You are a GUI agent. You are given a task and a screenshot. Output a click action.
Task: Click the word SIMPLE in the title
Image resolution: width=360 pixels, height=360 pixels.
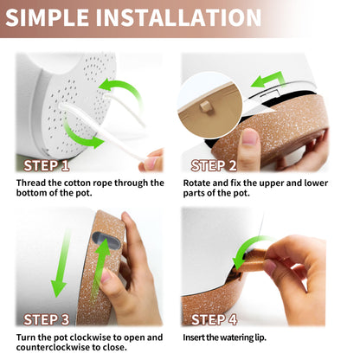pyautogui.click(x=47, y=18)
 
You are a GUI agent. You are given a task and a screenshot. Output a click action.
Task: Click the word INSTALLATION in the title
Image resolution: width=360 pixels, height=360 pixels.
pyautogui.click(x=178, y=18)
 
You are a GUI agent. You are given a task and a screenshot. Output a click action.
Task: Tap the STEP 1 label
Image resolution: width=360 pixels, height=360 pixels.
pyautogui.click(x=47, y=165)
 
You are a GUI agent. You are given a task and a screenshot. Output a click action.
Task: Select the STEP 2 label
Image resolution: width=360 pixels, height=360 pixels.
pyautogui.click(x=214, y=165)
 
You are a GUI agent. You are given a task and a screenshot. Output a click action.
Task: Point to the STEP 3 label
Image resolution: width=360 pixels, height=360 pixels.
pyautogui.click(x=47, y=319)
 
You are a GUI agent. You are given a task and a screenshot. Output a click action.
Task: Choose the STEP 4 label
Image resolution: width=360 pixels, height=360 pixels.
pyautogui.click(x=214, y=319)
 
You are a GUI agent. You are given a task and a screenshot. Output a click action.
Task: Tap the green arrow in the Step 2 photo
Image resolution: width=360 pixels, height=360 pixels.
pyautogui.click(x=268, y=80)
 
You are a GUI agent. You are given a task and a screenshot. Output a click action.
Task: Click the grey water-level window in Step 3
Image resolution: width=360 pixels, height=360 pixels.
pyautogui.click(x=106, y=241)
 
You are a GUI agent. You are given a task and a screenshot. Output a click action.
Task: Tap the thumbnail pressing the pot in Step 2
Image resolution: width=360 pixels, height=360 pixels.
pyautogui.click(x=250, y=137)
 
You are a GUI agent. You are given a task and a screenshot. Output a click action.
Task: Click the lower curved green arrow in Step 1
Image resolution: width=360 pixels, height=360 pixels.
pyautogui.click(x=82, y=132)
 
